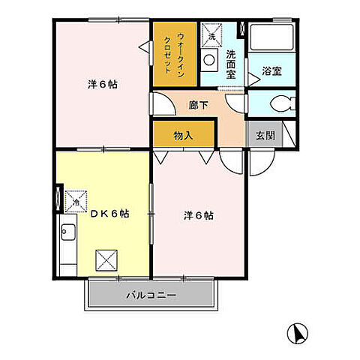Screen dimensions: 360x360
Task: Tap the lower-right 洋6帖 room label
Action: (x=199, y=216)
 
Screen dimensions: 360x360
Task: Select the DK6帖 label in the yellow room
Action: (x=109, y=213)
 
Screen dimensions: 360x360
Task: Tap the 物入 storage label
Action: (x=184, y=136)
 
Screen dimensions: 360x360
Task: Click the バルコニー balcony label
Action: (x=151, y=295)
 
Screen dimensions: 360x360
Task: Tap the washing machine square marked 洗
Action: (x=212, y=36)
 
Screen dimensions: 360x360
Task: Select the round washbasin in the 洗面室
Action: (x=210, y=61)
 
